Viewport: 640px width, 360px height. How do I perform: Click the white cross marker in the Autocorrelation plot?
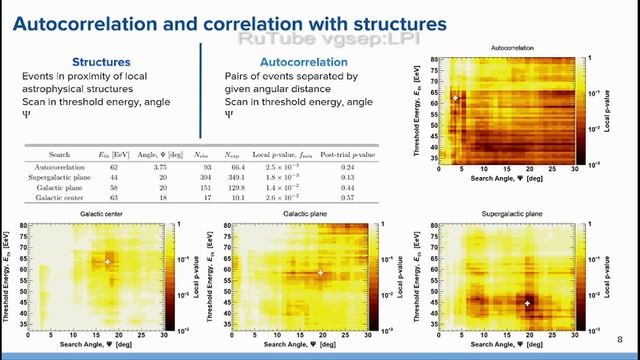(x=455, y=98)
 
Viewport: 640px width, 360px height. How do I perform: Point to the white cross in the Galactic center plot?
(x=107, y=262)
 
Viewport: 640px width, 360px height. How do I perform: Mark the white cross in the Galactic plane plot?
(x=320, y=272)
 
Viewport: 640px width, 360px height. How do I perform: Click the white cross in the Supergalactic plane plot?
(x=528, y=302)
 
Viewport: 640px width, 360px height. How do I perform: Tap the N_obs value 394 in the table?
(x=205, y=175)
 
